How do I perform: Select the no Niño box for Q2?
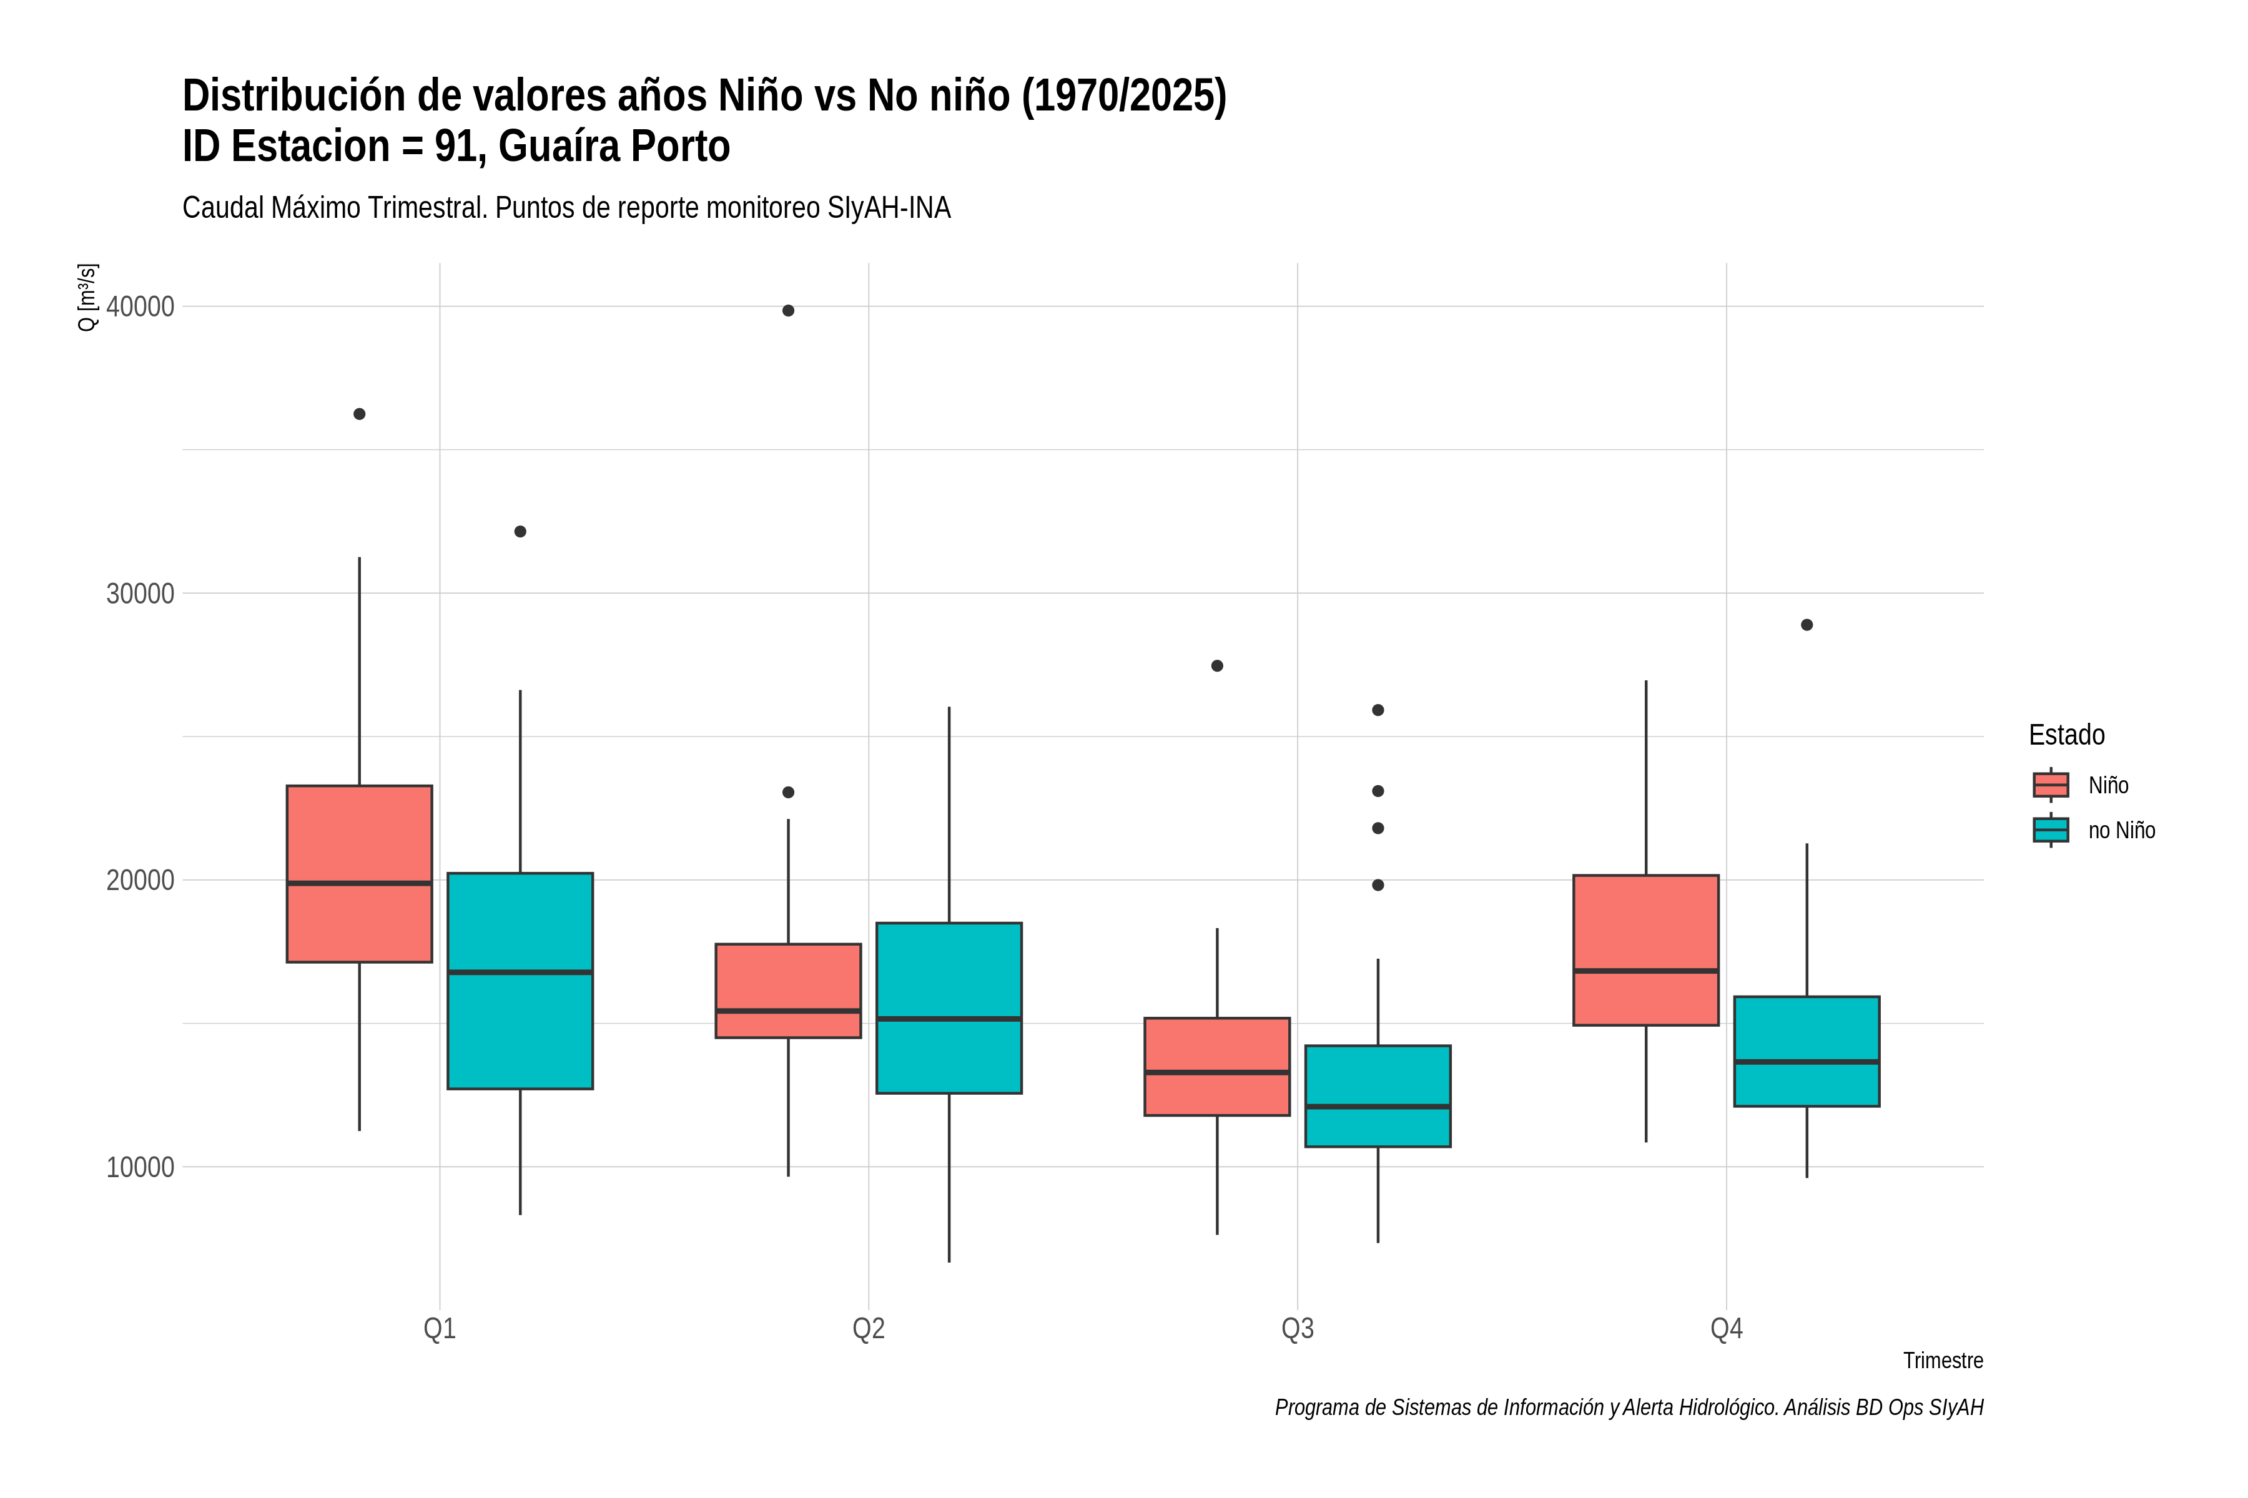(x=949, y=1008)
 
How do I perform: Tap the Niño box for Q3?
(x=1216, y=1066)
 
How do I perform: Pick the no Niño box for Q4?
(x=1807, y=1051)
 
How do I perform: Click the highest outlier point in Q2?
(x=789, y=310)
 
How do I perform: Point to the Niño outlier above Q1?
(x=360, y=414)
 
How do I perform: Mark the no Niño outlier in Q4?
(x=1807, y=625)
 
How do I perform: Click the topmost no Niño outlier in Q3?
(x=1378, y=710)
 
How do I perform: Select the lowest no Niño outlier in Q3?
(x=1378, y=884)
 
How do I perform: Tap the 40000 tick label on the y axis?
(x=140, y=306)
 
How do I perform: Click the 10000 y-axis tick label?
(x=140, y=1167)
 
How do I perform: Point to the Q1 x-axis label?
(x=440, y=1329)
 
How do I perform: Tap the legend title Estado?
(x=2066, y=735)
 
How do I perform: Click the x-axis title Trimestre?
(x=1943, y=1361)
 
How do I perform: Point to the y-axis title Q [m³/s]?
(x=87, y=297)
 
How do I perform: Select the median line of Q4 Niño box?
(x=1646, y=971)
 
